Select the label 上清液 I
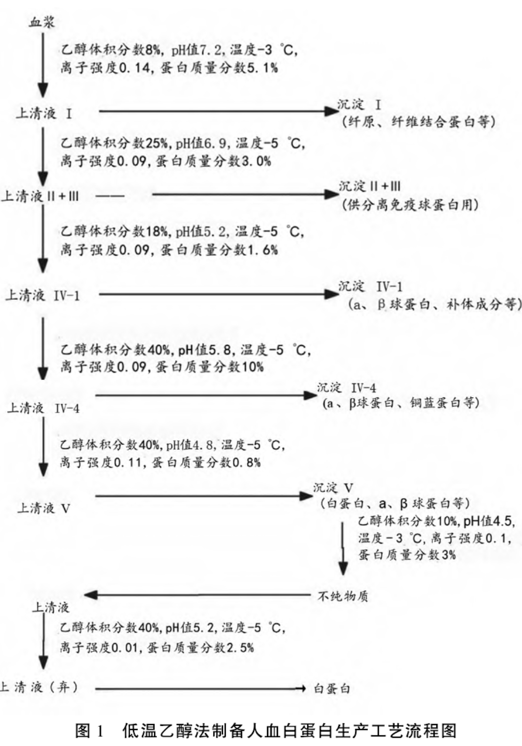pos(44,114)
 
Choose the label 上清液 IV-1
pos(42,295)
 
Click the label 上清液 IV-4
pos(43,408)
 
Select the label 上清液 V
pos(44,508)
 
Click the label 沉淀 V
pos(333,487)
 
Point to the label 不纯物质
pos(343,596)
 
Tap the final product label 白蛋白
pos(332,689)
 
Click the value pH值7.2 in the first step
pos(197,50)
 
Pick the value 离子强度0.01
pos(99,648)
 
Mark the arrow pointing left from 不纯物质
pos(198,595)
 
